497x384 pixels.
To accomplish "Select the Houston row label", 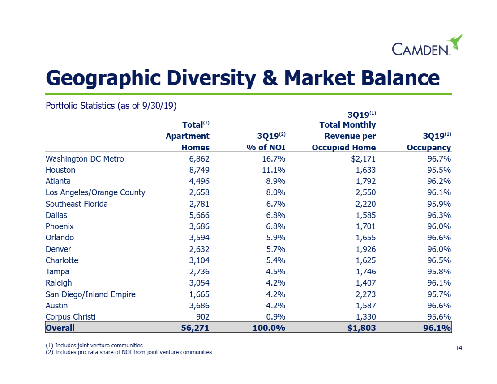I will pos(60,170).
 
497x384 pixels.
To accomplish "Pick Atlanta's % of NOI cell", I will pos(274,181).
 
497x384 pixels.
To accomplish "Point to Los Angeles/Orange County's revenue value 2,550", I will pos(365,192).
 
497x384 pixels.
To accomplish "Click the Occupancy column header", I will pos(428,148).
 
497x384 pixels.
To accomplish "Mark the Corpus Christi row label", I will pos(70,316).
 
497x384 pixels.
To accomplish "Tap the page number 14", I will pos(458,348).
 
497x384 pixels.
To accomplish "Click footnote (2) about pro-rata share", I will pos(129,352).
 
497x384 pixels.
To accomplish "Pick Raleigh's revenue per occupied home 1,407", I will pos(365,282).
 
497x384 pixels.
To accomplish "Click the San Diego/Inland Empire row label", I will pos(90,294).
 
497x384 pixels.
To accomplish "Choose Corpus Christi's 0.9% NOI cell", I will pos(275,316).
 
